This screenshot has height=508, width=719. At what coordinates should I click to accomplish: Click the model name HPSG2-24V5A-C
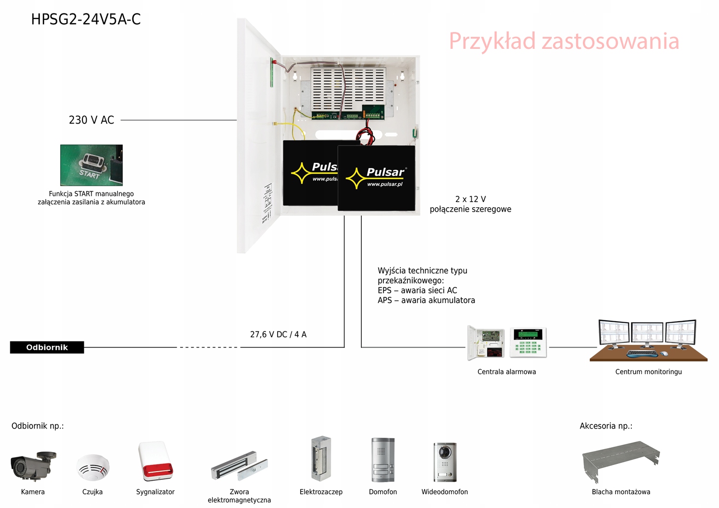(x=86, y=20)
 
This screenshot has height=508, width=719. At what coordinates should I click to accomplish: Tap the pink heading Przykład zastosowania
(x=564, y=41)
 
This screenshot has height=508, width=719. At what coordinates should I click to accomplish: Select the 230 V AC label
(x=92, y=120)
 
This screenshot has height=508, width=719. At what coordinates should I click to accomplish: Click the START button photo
(x=91, y=165)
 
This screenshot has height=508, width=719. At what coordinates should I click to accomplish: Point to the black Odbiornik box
(x=47, y=348)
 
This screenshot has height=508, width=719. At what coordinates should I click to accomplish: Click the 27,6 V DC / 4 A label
(x=278, y=335)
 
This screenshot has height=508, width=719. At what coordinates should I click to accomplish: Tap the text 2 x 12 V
(x=470, y=199)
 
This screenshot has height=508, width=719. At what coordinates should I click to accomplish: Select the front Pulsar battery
(x=376, y=178)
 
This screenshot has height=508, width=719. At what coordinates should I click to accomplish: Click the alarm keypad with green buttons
(x=528, y=342)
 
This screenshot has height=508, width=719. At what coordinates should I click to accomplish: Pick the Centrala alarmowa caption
(x=507, y=372)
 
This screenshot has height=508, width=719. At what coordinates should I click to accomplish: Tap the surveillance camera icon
(x=33, y=465)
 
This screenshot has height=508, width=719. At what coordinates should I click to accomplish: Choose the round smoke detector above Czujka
(x=93, y=467)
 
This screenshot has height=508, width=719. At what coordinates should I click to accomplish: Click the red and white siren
(x=155, y=461)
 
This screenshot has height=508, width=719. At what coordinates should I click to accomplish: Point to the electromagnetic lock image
(x=239, y=466)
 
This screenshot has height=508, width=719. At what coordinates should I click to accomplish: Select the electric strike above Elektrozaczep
(x=321, y=459)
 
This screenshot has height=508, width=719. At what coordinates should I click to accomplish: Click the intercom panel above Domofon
(x=383, y=460)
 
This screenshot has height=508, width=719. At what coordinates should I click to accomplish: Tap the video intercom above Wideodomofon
(x=445, y=462)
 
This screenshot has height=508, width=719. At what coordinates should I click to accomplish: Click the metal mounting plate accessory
(x=621, y=462)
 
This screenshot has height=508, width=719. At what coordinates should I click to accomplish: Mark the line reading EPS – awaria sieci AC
(x=417, y=291)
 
